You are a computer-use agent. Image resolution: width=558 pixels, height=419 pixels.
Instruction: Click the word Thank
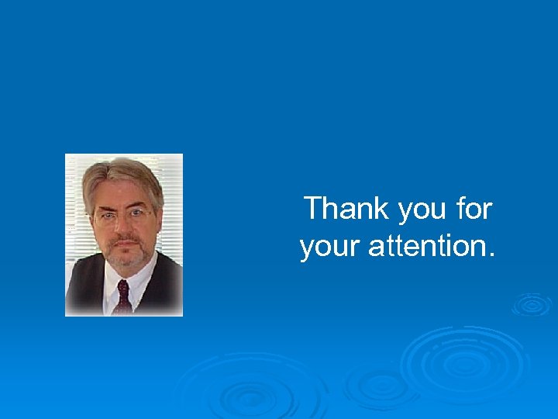coord(346,209)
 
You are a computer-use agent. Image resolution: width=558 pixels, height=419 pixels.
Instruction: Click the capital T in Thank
coord(312,209)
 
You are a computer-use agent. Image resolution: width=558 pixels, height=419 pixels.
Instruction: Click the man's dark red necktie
coord(122,298)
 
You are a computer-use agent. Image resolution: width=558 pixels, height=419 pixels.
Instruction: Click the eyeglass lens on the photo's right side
coord(139,212)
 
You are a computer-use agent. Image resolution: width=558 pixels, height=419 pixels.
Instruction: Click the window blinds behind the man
coord(171,202)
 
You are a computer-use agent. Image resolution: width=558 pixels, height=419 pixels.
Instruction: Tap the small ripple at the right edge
coord(532,305)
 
